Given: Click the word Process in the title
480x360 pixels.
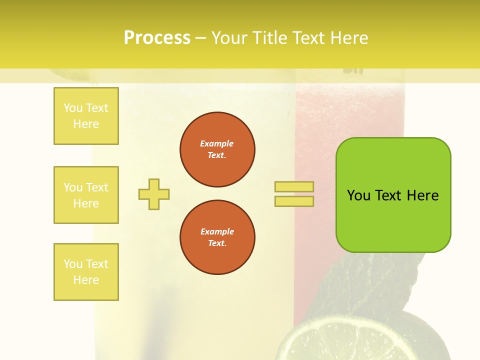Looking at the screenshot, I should click(157, 38).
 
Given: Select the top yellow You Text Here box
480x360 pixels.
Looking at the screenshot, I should click(86, 116).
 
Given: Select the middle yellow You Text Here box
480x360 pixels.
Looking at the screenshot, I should click(86, 195).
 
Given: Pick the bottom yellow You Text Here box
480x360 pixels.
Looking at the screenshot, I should click(86, 272).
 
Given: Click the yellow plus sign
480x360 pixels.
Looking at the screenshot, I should click(154, 194).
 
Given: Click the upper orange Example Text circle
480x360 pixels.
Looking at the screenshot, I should click(217, 149).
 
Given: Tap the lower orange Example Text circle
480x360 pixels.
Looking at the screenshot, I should click(217, 237).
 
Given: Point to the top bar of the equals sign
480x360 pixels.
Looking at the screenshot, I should click(294, 186).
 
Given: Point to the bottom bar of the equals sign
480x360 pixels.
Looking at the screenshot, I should click(294, 201).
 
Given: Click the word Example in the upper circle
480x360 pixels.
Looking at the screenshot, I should click(217, 143).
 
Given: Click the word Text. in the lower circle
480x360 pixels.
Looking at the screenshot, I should click(217, 243).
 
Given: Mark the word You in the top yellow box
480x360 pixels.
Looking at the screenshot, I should click(73, 108).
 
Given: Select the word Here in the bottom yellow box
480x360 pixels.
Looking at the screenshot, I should click(86, 280).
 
